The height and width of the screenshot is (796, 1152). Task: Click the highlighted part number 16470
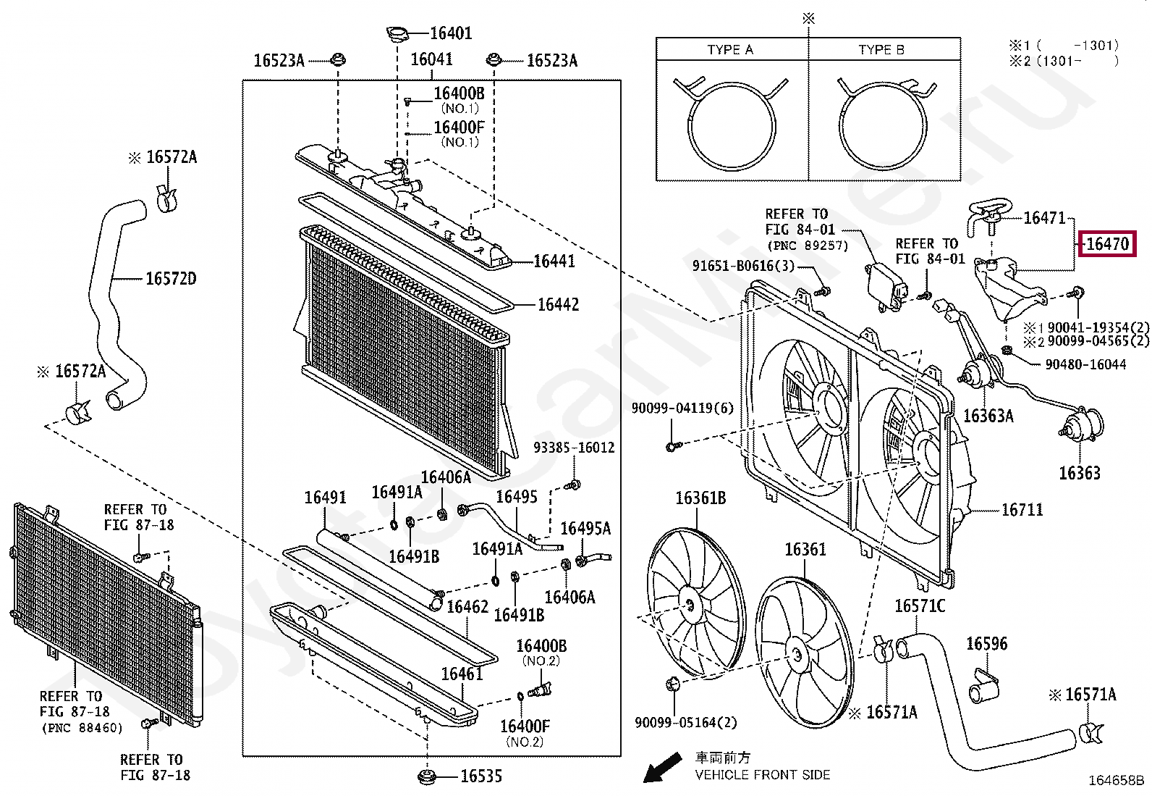click(1107, 244)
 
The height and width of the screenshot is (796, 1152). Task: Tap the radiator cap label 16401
click(450, 33)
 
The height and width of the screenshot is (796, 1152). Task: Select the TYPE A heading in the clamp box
click(730, 50)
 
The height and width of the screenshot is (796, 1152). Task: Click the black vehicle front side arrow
click(663, 768)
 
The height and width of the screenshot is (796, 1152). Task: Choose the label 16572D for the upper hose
click(171, 279)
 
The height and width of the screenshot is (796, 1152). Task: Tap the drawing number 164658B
click(1117, 781)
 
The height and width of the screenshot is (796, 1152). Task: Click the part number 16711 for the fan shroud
click(1022, 510)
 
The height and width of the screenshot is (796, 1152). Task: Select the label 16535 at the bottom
click(481, 776)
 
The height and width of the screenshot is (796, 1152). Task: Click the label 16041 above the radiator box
click(431, 59)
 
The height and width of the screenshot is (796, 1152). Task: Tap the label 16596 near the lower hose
click(986, 644)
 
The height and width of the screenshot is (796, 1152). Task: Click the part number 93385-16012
click(574, 448)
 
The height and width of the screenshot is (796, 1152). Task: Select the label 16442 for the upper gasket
click(558, 305)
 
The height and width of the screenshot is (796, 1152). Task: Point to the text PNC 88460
click(81, 727)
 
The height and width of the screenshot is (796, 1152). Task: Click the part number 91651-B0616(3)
click(743, 266)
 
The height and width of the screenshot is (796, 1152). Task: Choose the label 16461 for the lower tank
click(462, 674)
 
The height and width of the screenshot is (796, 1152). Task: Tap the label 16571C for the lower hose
click(920, 606)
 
